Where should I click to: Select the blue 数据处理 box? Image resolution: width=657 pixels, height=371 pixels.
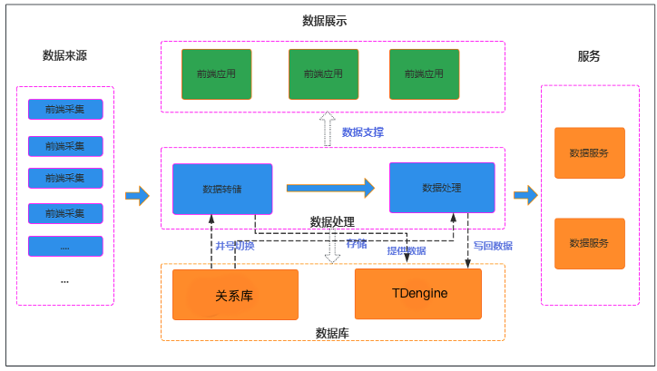(x=442, y=187)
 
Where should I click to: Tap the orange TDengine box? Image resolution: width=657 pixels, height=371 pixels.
(x=419, y=294)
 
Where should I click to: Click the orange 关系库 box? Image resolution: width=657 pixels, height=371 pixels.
(x=235, y=295)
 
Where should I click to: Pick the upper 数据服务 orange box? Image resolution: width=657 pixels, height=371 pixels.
(x=589, y=152)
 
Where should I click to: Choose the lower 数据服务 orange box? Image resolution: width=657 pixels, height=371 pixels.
(x=589, y=243)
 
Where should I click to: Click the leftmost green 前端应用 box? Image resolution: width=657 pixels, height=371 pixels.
(x=216, y=73)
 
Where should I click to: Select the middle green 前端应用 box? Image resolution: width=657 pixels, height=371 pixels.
(x=323, y=73)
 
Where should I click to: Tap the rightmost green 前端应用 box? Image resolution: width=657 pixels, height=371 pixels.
(x=424, y=73)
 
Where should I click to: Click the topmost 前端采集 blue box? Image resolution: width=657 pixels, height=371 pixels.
(x=65, y=110)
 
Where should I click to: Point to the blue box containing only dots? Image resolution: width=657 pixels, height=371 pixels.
(x=65, y=246)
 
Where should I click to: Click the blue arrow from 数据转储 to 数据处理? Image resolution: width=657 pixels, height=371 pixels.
(x=330, y=188)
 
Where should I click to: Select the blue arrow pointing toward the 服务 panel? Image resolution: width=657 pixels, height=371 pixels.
(x=525, y=194)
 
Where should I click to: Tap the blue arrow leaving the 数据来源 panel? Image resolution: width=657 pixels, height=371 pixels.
(x=137, y=194)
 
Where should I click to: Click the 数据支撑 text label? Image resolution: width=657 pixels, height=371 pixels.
(x=362, y=132)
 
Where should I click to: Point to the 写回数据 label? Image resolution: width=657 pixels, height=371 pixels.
(x=493, y=246)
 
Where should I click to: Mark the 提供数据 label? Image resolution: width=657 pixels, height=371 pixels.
(x=406, y=250)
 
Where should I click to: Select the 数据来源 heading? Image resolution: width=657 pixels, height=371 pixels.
(x=64, y=55)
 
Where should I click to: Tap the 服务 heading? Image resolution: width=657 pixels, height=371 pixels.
(x=589, y=56)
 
